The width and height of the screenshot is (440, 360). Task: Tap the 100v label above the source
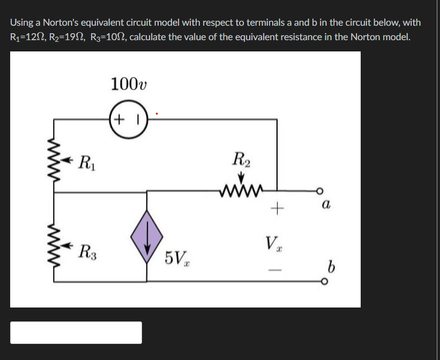click(x=129, y=84)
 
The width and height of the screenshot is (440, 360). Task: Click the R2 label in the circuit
click(x=241, y=159)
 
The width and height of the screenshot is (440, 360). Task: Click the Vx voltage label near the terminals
click(x=271, y=245)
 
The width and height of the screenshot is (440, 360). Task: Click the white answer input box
click(x=76, y=332)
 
